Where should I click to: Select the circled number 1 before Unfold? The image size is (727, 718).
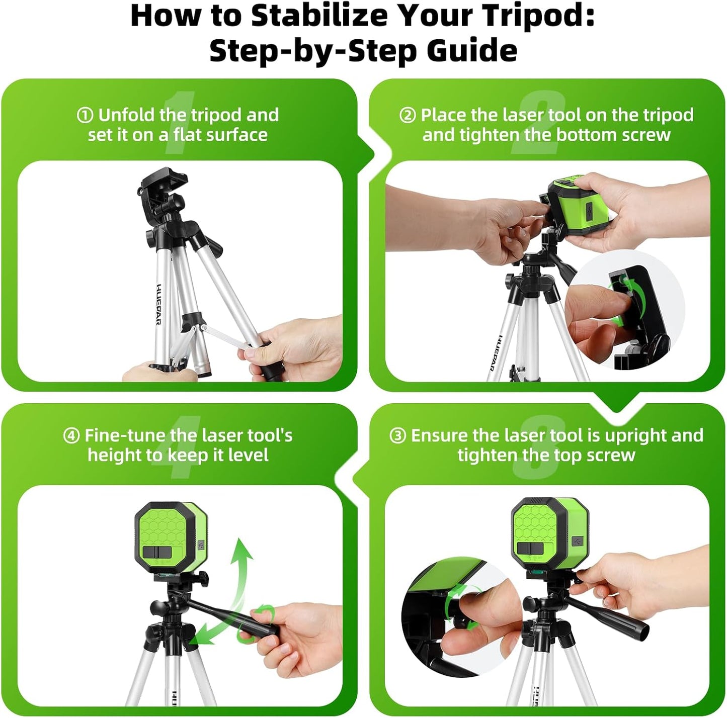coord(85,116)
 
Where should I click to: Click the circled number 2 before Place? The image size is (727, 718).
coord(407,116)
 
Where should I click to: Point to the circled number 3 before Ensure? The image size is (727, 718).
coord(397,436)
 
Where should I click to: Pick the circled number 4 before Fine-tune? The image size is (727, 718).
coord(71,436)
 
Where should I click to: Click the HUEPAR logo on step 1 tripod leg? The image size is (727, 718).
coord(158,304)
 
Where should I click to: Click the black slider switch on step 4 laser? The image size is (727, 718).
coord(158,552)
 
